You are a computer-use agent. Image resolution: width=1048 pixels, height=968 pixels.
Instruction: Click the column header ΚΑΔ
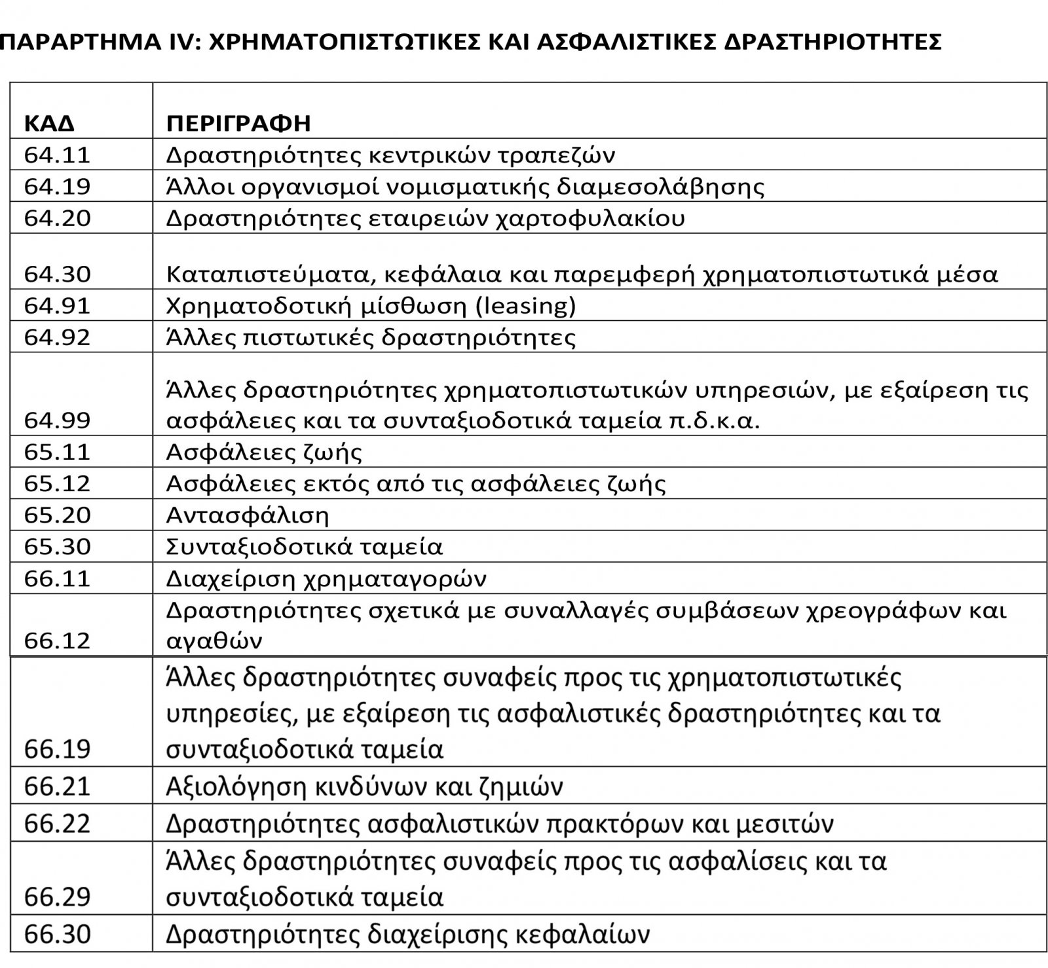[x=50, y=123]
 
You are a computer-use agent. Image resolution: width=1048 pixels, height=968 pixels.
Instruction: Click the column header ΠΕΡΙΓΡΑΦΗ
[x=238, y=123]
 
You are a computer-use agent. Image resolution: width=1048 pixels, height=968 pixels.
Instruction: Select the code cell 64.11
[x=57, y=155]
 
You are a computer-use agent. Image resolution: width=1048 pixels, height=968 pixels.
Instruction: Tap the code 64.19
[x=57, y=187]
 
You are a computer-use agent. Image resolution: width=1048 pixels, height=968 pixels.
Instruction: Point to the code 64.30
[x=57, y=274]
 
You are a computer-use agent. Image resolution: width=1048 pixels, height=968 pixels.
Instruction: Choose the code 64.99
[x=57, y=420]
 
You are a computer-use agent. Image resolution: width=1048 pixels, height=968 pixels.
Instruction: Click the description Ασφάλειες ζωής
[x=264, y=452]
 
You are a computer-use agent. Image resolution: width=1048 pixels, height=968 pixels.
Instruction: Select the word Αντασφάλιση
[x=248, y=515]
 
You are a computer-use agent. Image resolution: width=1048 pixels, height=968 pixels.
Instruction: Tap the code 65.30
[x=57, y=547]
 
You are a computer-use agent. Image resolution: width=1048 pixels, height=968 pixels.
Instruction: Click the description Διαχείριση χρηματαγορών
[x=326, y=579]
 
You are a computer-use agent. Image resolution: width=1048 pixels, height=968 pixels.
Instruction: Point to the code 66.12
[x=57, y=641]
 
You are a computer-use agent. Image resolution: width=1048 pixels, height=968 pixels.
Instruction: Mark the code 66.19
[x=57, y=749]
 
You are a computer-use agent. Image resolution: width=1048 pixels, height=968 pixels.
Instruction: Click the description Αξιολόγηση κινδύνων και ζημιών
[x=364, y=786]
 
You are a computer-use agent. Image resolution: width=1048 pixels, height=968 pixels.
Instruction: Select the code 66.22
[x=57, y=823]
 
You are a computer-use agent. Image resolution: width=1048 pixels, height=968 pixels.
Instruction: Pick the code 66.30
[x=57, y=934]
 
